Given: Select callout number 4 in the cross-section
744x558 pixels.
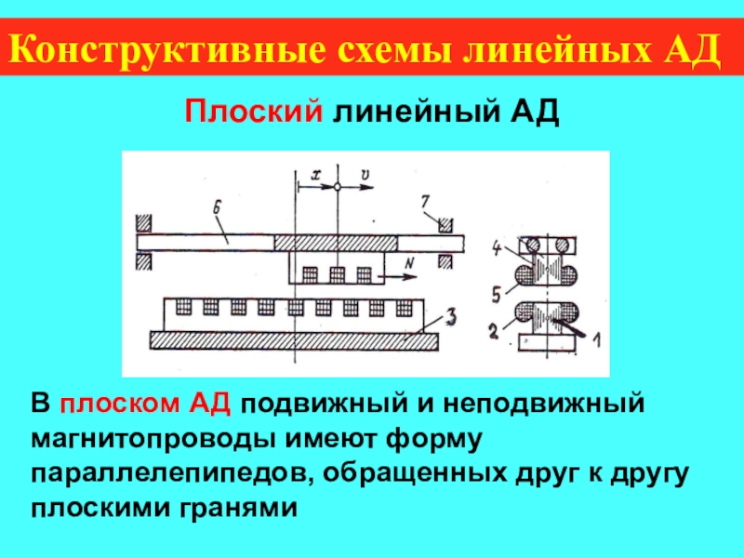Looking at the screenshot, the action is [497, 247].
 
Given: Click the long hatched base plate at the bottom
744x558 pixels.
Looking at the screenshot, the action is [294, 341].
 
